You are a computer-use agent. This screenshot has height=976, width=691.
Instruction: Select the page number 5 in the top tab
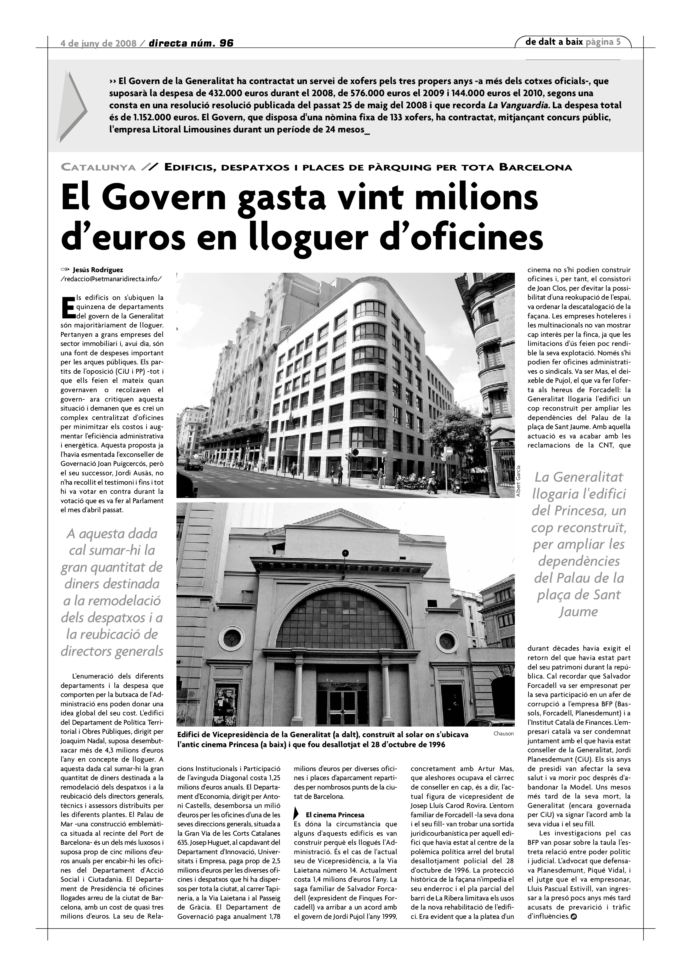(x=618, y=42)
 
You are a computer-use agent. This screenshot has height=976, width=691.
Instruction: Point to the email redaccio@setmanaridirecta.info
(x=111, y=279)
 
